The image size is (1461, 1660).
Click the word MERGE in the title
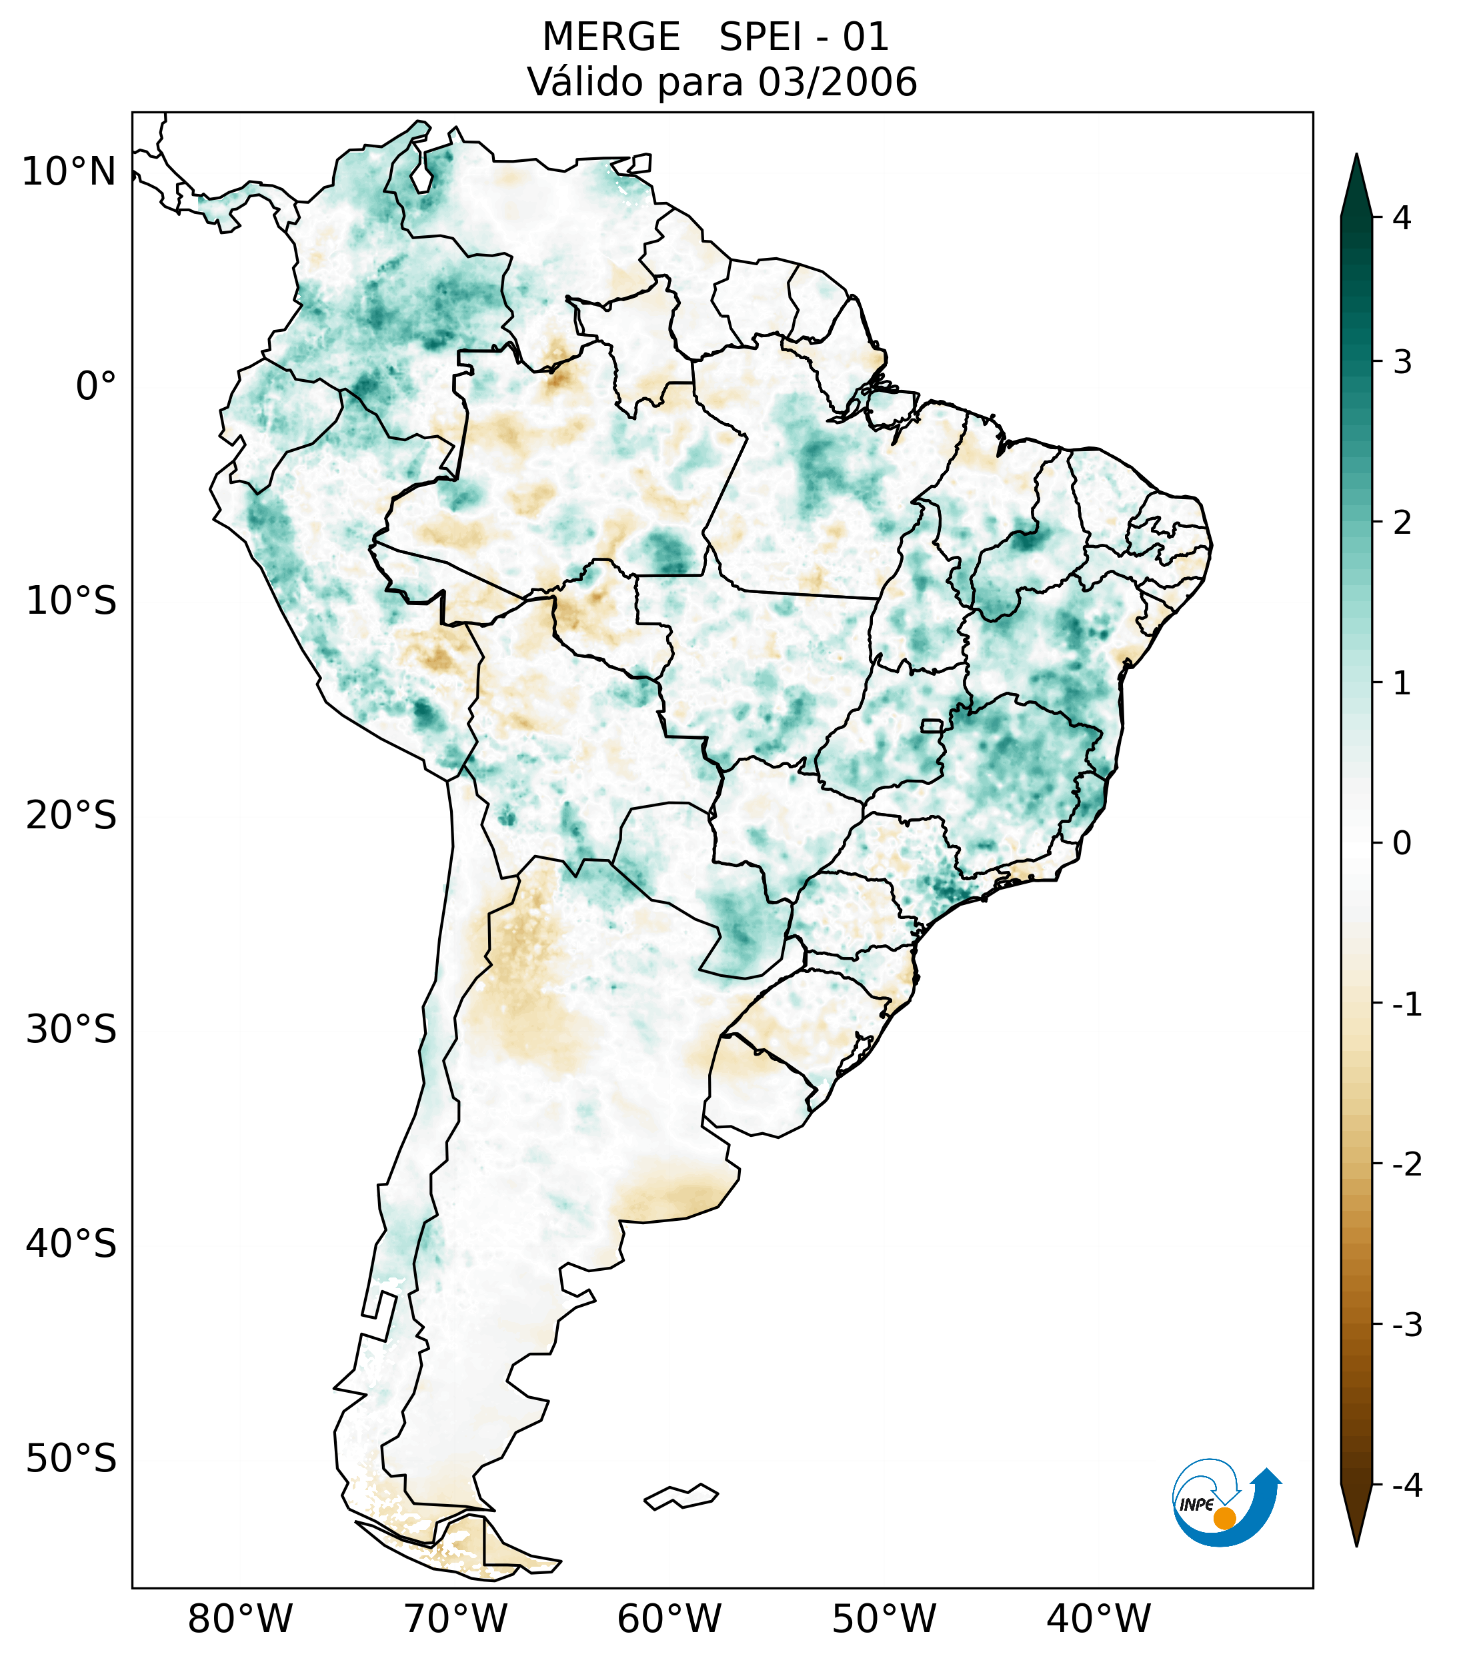(x=610, y=37)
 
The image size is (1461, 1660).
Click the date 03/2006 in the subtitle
(x=837, y=82)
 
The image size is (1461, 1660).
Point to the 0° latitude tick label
(x=96, y=387)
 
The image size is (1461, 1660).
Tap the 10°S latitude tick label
(x=71, y=601)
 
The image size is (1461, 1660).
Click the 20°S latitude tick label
(x=71, y=816)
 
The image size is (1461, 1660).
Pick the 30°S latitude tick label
(x=71, y=1030)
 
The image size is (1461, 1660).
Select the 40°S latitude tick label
(x=71, y=1244)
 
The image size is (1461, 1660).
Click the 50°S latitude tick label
(x=71, y=1459)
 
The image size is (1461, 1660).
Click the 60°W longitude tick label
(x=669, y=1619)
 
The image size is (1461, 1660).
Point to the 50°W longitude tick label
(x=884, y=1619)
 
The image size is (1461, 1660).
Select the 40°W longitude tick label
(x=1098, y=1619)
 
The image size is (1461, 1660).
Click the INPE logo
(x=1224, y=1501)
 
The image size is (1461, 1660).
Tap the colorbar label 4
(x=1401, y=218)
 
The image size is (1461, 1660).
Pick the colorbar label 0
(x=1401, y=844)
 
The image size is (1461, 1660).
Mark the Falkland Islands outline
(x=681, y=1496)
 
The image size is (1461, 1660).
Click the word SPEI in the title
(x=760, y=37)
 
